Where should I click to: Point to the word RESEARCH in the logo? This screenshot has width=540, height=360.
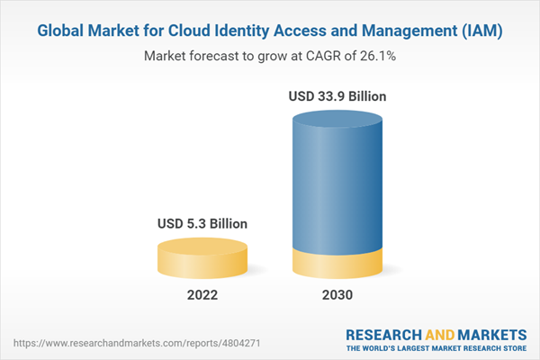click(x=384, y=333)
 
